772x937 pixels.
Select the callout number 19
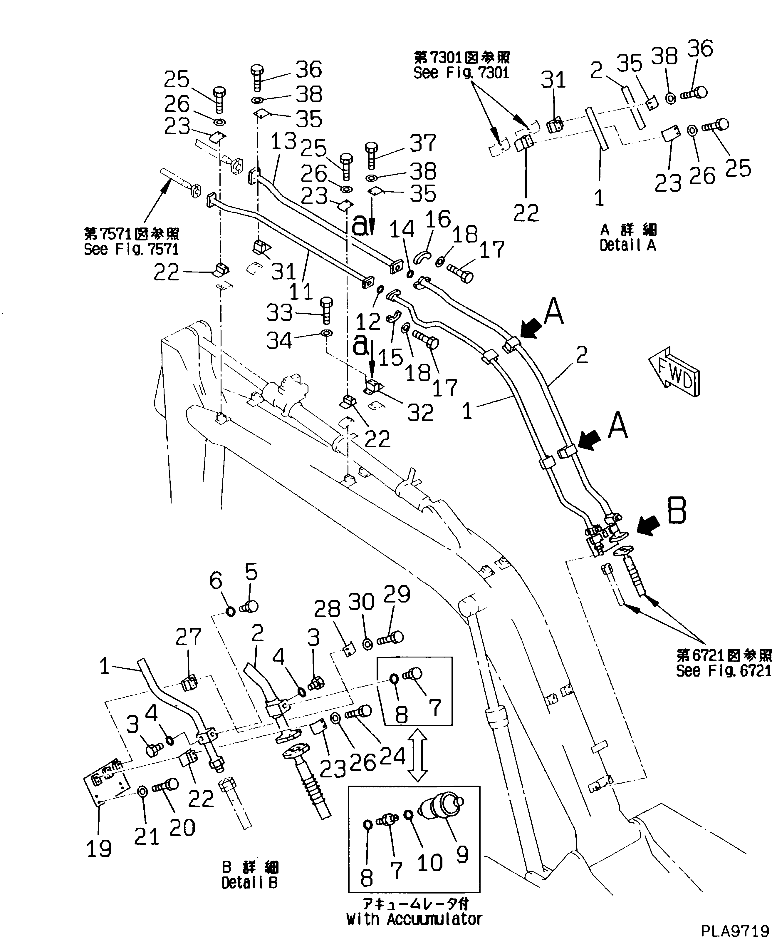point(99,849)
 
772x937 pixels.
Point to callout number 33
point(280,313)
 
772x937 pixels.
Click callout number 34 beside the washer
point(279,341)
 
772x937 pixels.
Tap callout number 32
point(420,413)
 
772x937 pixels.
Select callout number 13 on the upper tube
point(283,142)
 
